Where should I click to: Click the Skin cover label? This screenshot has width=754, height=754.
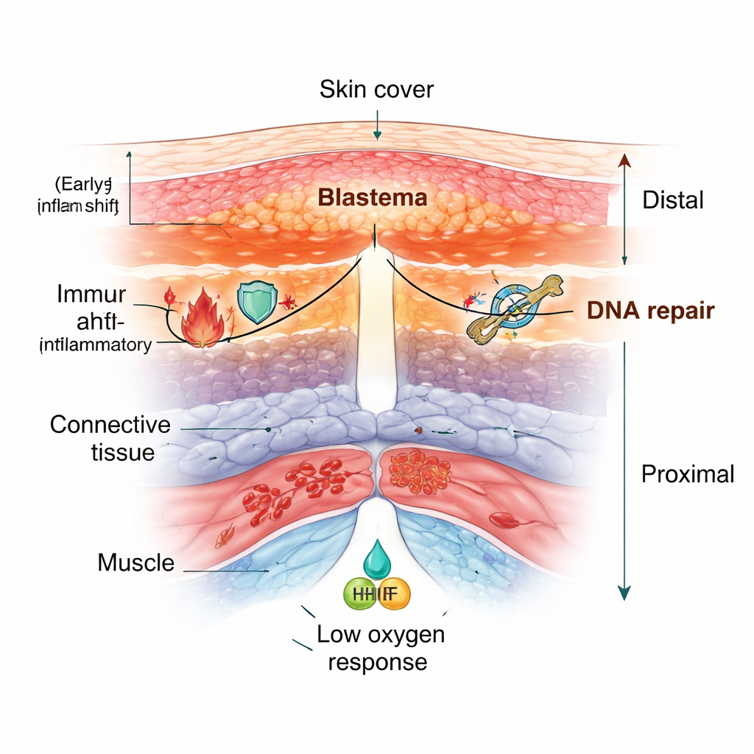coord(376,90)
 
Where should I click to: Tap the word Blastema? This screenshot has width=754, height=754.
coord(372,197)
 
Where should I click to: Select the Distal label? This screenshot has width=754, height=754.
coord(673,200)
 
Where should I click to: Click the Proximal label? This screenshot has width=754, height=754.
coord(688,473)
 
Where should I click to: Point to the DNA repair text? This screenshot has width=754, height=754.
coord(650,311)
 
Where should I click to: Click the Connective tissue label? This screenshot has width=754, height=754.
coord(110,437)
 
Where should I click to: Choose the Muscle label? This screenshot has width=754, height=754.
coord(136,563)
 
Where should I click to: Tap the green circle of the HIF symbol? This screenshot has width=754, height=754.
coord(361,593)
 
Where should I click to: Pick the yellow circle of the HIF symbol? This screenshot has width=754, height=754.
coord(393,593)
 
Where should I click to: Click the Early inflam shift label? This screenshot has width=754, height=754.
coord(78,194)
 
